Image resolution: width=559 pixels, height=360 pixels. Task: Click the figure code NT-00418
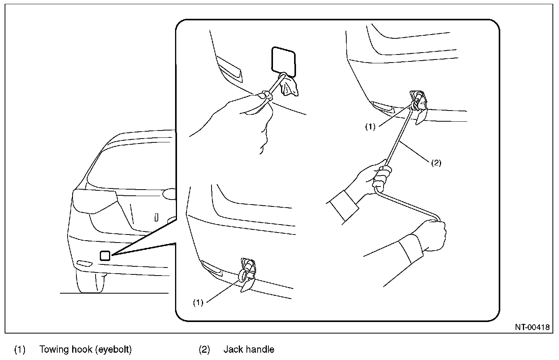(532, 327)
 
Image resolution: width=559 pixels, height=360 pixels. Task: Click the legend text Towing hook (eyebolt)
(86, 350)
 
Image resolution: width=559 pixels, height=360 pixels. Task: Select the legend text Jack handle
(249, 350)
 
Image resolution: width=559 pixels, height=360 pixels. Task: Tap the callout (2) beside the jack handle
(436, 163)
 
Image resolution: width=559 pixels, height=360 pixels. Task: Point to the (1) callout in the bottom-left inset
(198, 302)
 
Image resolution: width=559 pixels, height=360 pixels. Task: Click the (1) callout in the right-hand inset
(370, 127)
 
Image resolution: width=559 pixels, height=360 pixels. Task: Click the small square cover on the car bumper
(105, 256)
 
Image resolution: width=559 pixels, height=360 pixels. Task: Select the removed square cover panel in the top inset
(283, 62)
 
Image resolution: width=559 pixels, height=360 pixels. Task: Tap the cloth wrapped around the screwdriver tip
(289, 87)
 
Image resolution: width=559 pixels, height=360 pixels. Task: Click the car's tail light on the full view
(95, 201)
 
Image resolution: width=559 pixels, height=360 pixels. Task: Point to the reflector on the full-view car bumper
(84, 263)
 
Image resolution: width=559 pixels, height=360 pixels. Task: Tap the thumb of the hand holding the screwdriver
(262, 96)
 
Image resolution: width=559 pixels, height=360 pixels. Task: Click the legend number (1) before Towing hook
(20, 350)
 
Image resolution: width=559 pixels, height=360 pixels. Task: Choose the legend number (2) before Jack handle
(204, 350)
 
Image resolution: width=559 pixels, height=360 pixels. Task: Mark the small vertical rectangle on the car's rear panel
(157, 217)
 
